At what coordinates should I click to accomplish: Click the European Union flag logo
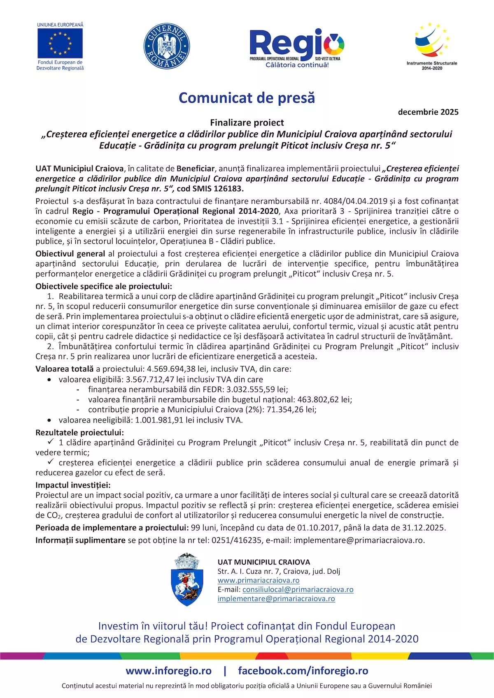60,43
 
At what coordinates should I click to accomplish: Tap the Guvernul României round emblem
167,46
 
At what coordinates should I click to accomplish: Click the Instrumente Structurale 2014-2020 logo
432,46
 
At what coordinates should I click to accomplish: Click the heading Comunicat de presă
247,98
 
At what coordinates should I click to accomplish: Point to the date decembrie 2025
428,112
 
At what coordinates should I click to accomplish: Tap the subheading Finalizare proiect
247,123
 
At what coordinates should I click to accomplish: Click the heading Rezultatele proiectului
79,432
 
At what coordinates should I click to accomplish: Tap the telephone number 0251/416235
236,540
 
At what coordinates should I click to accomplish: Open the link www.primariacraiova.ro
259,580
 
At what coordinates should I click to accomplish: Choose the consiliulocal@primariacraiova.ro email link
298,589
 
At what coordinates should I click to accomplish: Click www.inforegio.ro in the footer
169,671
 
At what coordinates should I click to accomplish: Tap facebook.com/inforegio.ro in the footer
303,671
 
